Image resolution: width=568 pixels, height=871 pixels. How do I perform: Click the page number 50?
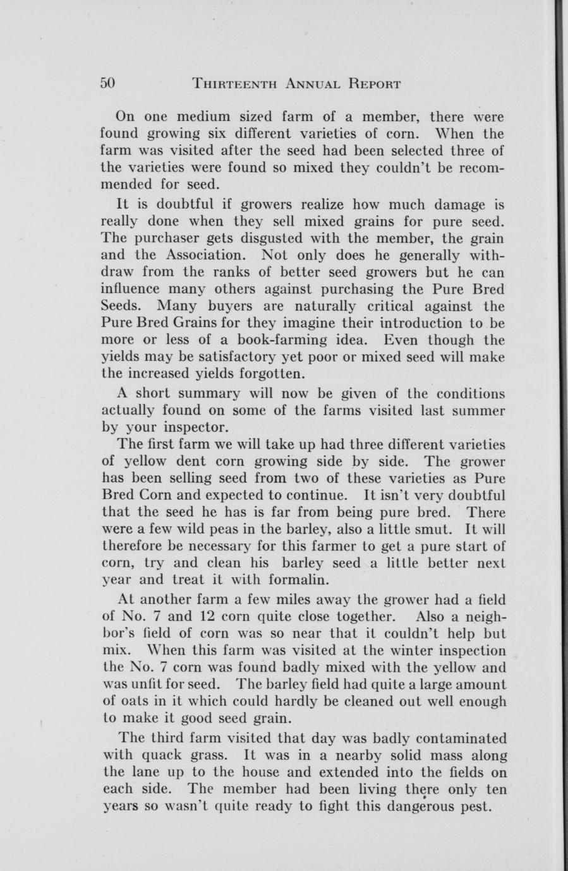coord(108,83)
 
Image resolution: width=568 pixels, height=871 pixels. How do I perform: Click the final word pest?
coord(474,806)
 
